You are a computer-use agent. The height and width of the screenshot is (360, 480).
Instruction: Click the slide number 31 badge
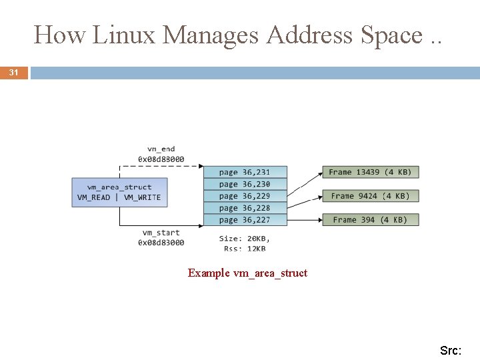coord(14,73)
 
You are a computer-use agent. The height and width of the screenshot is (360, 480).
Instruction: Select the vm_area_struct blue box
coord(119,192)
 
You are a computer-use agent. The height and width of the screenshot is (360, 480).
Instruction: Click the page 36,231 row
coord(244,172)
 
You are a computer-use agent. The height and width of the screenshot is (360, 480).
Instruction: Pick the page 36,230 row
coord(244,184)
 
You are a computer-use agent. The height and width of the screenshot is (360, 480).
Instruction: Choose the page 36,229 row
coord(244,196)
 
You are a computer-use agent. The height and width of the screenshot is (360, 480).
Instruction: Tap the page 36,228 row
coord(244,208)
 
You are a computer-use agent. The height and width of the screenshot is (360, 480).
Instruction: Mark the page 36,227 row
coord(244,220)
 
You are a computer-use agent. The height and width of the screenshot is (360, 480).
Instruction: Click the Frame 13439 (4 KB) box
coord(370,172)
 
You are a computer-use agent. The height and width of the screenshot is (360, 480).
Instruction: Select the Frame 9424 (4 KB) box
coord(370,196)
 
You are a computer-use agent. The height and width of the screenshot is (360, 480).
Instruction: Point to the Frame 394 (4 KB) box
coord(370,220)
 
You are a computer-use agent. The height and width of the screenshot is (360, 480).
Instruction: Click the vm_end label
coord(161,149)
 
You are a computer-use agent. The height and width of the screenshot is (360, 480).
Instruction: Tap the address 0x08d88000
coord(161,159)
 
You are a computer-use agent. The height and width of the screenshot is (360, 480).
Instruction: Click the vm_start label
coord(161,233)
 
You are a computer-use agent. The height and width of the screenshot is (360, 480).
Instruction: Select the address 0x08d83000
coord(161,243)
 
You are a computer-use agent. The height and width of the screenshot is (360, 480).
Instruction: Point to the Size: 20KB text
coord(245,239)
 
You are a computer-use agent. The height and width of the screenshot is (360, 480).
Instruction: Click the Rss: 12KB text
coord(245,249)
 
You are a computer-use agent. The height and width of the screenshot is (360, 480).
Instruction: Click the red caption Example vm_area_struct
coord(247,273)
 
